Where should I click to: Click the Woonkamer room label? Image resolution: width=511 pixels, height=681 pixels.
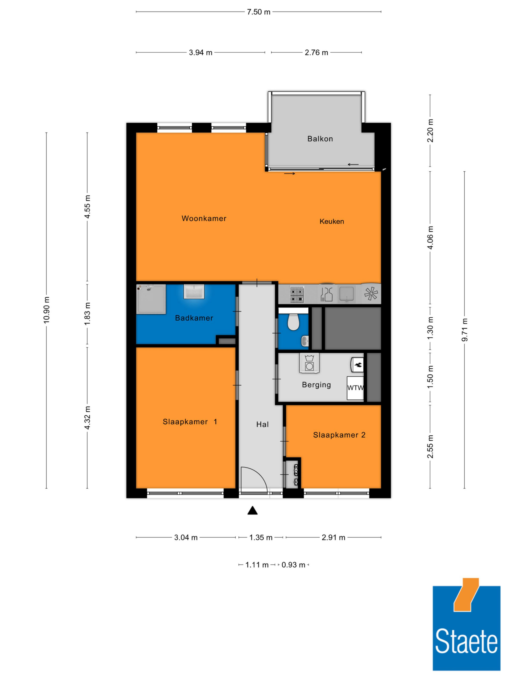click(204, 218)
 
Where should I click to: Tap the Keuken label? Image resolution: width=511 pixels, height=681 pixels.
click(332, 221)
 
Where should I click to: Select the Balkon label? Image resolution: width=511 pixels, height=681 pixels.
click(320, 139)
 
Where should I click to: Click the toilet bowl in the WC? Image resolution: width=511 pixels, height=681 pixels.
click(293, 322)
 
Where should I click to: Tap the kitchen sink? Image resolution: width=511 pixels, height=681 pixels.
click(346, 294)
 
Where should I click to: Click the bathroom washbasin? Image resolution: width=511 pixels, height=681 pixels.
click(194, 292)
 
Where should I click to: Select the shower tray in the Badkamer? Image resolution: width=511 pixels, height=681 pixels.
click(151, 299)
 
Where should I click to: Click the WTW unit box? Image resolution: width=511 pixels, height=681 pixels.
click(355, 388)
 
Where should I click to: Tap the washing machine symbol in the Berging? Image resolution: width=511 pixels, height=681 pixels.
click(309, 363)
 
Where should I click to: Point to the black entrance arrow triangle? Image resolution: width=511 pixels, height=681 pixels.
click(253, 510)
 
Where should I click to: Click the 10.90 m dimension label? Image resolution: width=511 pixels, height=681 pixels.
click(47, 310)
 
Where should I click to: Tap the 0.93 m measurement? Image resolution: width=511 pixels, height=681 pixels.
click(293, 565)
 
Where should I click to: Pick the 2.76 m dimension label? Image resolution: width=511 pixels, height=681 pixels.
click(316, 53)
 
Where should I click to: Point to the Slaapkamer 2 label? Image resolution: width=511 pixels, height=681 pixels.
click(339, 435)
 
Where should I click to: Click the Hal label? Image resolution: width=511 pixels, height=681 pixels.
click(262, 425)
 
